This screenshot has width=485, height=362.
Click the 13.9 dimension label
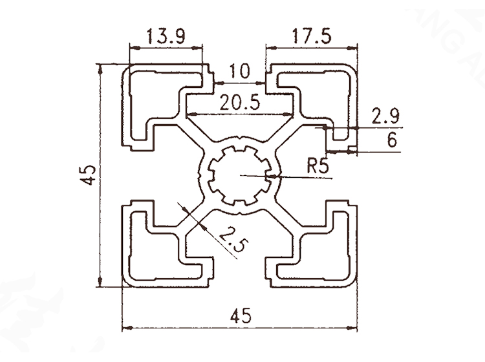tap(166, 36)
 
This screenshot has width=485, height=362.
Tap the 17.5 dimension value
tap(312, 36)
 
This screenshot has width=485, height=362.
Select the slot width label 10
tap(240, 71)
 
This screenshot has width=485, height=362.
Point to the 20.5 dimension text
tap(240, 102)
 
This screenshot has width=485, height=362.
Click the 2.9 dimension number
tap(385, 116)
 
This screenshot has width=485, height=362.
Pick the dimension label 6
tap(392, 140)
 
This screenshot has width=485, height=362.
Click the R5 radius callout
tap(318, 165)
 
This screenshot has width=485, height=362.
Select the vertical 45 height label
tap(89, 175)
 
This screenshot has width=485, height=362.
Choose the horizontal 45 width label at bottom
tap(241, 316)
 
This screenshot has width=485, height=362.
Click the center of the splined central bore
tap(240, 175)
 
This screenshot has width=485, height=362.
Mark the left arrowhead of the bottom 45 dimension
tap(127, 328)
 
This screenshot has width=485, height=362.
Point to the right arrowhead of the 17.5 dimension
tap(352, 48)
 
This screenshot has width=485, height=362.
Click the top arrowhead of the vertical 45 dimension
tap(100, 69)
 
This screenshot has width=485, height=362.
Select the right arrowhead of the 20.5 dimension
tap(288, 114)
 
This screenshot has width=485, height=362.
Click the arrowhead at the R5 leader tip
tap(274, 176)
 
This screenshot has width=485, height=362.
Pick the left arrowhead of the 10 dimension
tap(219, 83)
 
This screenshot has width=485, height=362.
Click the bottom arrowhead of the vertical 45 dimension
tap(100, 281)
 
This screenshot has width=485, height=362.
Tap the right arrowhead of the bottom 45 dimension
tap(352, 328)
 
